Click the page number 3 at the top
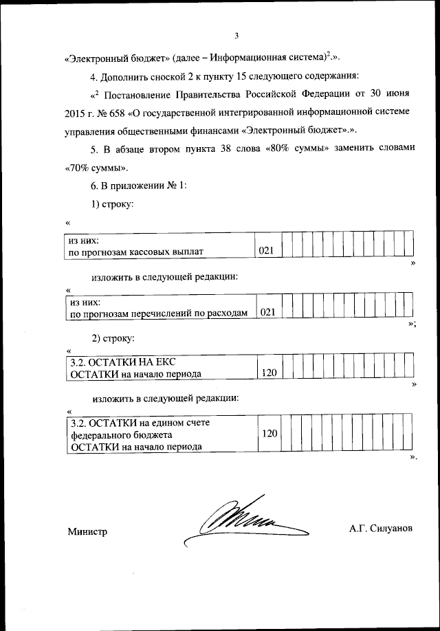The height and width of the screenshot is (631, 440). (236, 36)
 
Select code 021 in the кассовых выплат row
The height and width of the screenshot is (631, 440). (267, 252)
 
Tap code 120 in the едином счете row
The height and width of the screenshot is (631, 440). (269, 434)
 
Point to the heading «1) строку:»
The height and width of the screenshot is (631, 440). (111, 204)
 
